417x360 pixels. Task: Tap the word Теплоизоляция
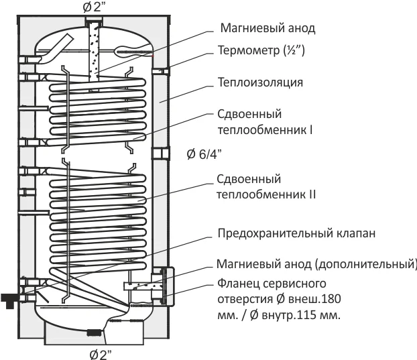pyautogui.click(x=261, y=84)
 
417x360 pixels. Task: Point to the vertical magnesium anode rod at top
pyautogui.click(x=93, y=50)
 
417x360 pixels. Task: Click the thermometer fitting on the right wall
pyautogui.click(x=161, y=71)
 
